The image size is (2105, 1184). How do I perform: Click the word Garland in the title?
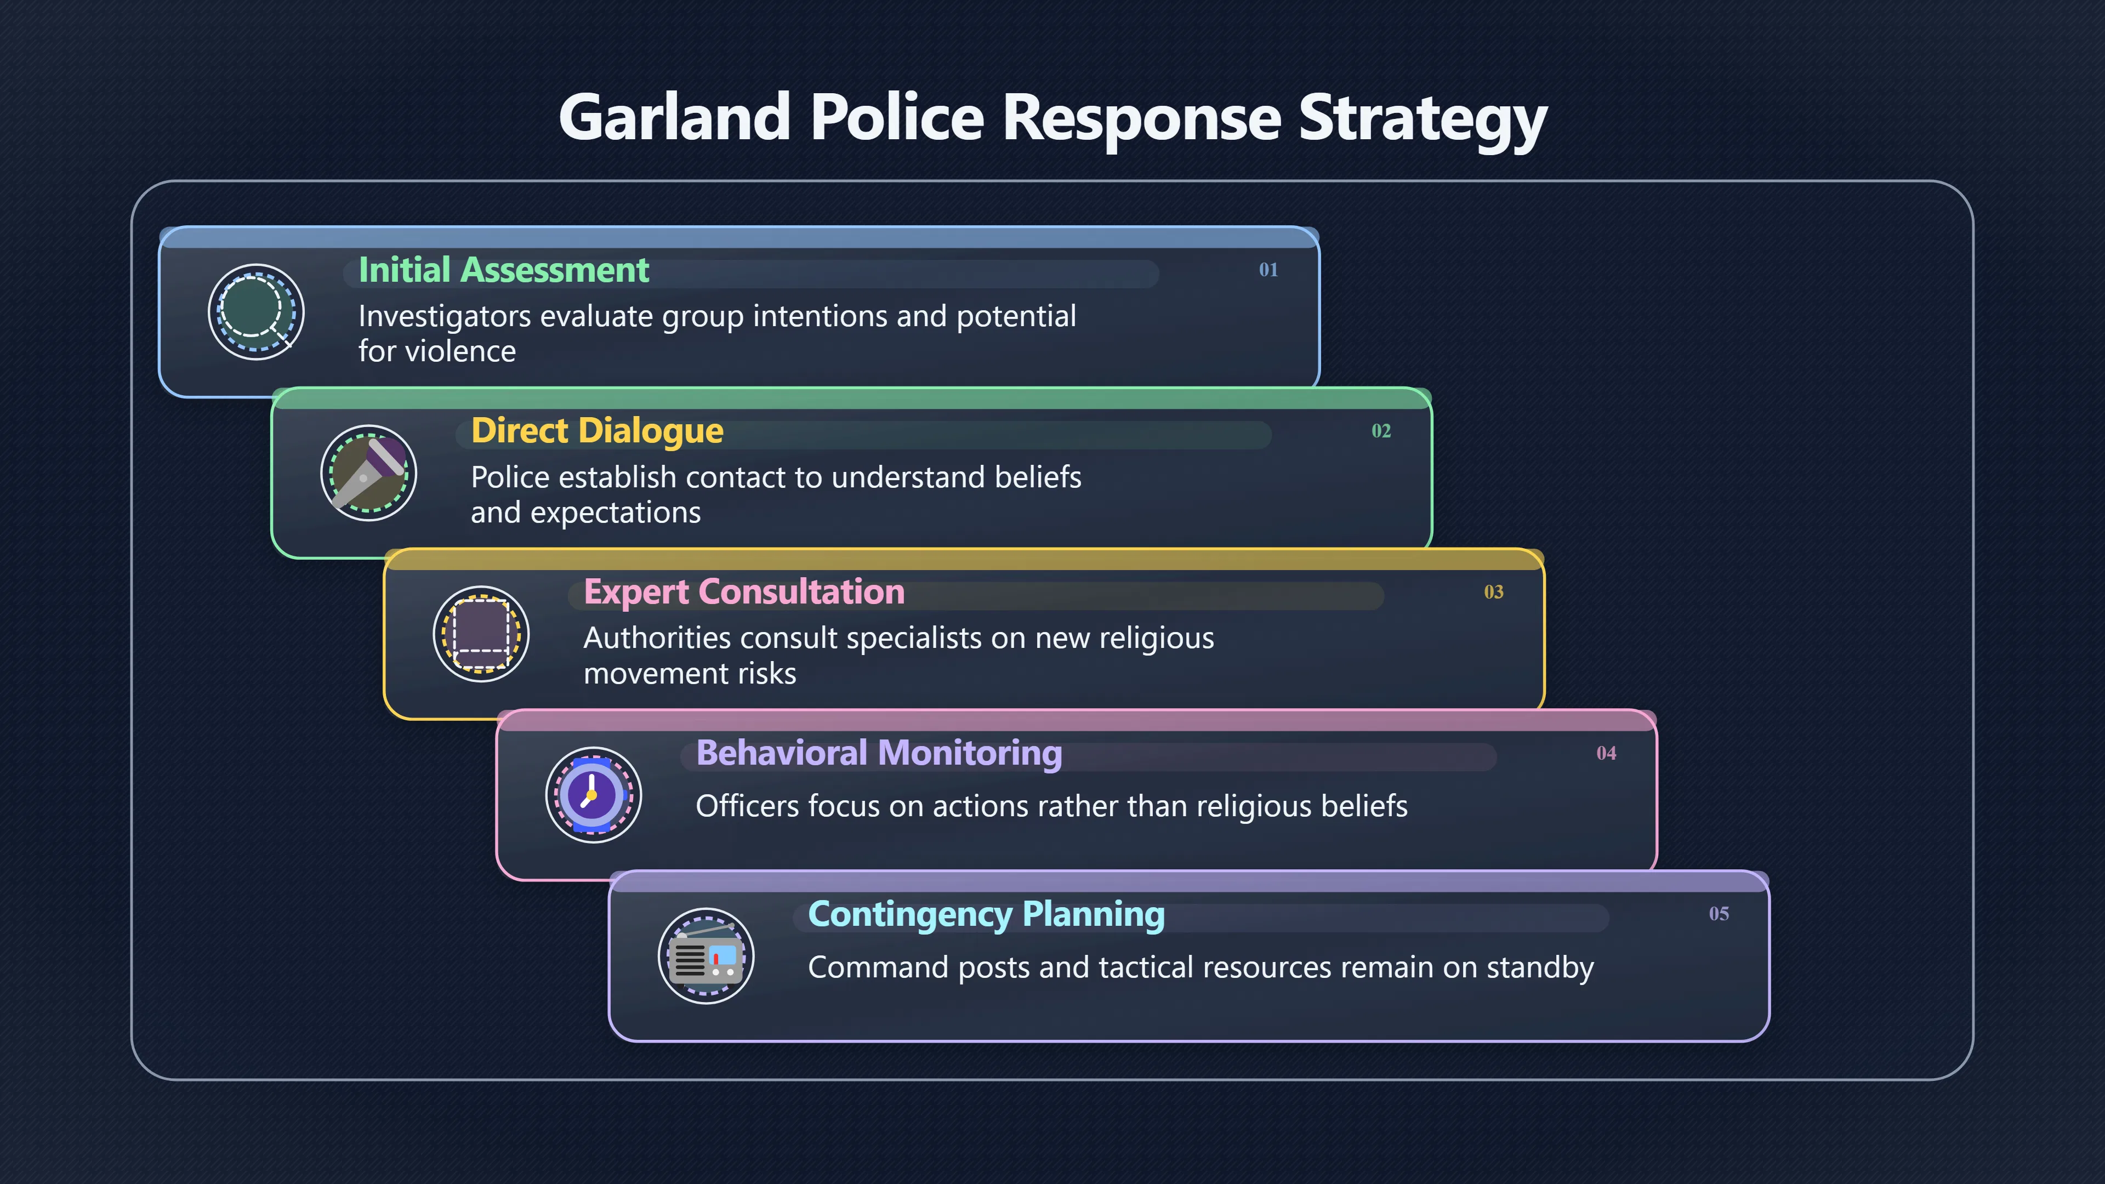pos(674,117)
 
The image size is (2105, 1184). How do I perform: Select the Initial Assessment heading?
pos(503,270)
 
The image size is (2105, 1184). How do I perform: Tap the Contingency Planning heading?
pos(986,914)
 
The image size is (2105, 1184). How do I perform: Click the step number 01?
pos(1268,270)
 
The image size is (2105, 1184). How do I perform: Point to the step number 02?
pos(1381,431)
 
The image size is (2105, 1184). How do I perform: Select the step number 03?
pos(1494,591)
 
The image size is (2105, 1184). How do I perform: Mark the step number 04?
pos(1607,753)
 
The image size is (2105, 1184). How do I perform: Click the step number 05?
pos(1719,914)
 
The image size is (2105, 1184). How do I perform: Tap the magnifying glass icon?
pos(256,312)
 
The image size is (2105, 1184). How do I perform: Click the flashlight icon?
pos(368,473)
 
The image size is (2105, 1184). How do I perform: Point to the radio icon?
pos(706,956)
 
